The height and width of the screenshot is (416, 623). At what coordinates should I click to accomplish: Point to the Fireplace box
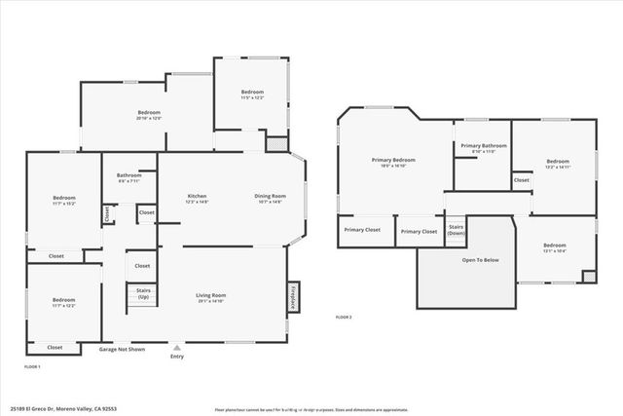coord(291,298)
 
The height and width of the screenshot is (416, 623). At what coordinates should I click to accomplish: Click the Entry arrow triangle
coord(176,346)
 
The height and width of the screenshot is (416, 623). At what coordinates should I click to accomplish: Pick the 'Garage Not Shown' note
coord(122,348)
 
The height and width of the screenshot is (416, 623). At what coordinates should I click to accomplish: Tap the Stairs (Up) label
coord(142,293)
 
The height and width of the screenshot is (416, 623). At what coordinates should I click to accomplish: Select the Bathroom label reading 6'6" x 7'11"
coord(128,178)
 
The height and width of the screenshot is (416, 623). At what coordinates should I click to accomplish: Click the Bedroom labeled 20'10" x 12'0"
coord(148,115)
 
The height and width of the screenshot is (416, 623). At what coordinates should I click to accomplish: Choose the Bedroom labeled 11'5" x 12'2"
coord(252,95)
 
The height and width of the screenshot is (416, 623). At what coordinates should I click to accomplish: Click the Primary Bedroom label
coord(393,162)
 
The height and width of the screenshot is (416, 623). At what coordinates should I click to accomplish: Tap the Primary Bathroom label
coord(483,148)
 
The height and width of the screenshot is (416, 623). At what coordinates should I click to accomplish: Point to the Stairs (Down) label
coord(456,231)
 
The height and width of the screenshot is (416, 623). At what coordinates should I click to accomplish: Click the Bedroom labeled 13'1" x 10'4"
coord(554,247)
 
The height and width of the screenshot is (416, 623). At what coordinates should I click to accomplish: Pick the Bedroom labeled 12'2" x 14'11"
coord(557,164)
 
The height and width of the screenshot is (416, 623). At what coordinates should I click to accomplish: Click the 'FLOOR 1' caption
coord(32,366)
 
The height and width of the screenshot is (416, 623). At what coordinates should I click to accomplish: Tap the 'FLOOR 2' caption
coord(344,318)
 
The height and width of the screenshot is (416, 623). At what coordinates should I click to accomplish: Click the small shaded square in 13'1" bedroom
coord(587,277)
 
